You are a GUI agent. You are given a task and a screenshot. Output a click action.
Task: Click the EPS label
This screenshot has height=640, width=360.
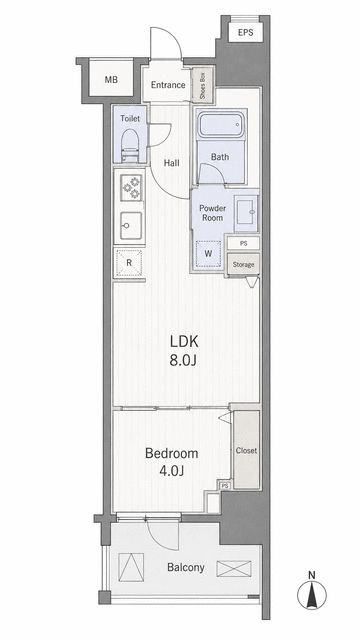[x=245, y=32]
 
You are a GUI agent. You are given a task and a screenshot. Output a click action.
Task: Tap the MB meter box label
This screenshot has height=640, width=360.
[x=111, y=80]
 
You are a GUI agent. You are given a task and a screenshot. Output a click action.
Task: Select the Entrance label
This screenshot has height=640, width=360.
[x=168, y=85]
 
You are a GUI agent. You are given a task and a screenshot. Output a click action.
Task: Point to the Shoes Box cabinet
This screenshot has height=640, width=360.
[x=203, y=85]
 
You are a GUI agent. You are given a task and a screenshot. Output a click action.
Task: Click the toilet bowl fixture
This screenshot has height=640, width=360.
[x=131, y=145]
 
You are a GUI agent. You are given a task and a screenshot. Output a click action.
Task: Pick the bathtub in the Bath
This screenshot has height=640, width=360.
[x=221, y=125]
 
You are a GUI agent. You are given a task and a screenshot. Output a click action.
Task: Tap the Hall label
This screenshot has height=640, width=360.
[x=171, y=163]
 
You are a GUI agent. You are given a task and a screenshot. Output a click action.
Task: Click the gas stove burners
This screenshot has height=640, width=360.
[x=131, y=187]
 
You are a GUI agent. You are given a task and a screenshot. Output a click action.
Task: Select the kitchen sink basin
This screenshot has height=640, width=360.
[x=131, y=225]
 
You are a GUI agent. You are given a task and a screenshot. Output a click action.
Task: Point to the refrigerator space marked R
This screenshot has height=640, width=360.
[x=129, y=263]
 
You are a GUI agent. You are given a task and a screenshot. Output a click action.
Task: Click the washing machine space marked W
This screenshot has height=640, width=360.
[x=208, y=253]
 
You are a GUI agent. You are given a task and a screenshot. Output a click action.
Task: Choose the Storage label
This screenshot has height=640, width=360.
[x=243, y=264]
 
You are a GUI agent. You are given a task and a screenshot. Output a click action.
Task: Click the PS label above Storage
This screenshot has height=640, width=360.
[x=244, y=243]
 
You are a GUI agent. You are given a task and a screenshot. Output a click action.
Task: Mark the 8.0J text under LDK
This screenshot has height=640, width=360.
[x=183, y=360]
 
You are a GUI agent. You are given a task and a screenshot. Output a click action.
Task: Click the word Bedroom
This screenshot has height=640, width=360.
[x=171, y=453]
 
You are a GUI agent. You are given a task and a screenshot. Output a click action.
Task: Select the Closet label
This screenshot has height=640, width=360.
[x=246, y=451]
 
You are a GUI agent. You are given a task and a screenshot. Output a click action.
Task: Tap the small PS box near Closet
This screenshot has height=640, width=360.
[x=224, y=486]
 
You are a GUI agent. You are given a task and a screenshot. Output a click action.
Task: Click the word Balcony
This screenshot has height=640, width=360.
[x=186, y=567]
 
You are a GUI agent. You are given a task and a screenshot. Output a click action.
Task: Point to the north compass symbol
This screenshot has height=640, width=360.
[x=311, y=590]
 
